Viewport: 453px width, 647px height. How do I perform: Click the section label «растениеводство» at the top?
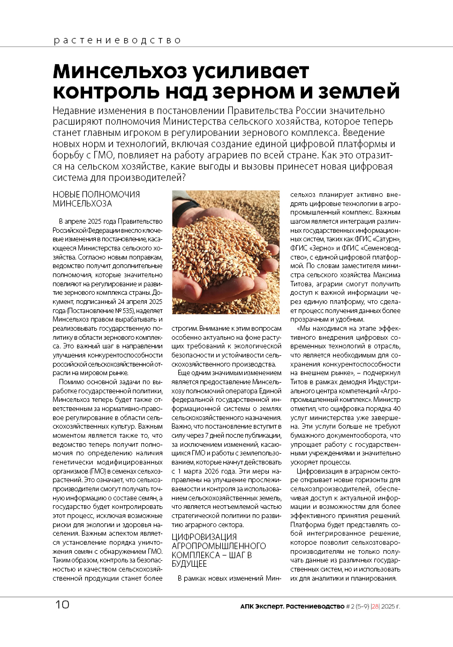[117, 40]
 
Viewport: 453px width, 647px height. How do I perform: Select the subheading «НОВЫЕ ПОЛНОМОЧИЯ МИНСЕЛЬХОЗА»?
[96, 199]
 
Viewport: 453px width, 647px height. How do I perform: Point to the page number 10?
[62, 606]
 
